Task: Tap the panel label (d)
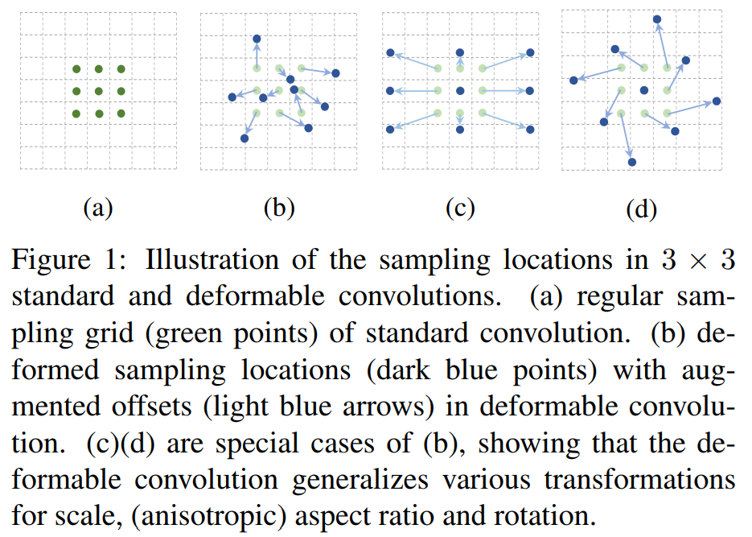[641, 210]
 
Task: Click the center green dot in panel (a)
[98, 92]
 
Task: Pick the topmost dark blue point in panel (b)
[257, 39]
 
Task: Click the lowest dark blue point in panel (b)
[245, 138]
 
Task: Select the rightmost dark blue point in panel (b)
[335, 73]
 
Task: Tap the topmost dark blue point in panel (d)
[657, 19]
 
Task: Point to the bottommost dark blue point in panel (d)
[631, 162]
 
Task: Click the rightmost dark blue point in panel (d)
[717, 101]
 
